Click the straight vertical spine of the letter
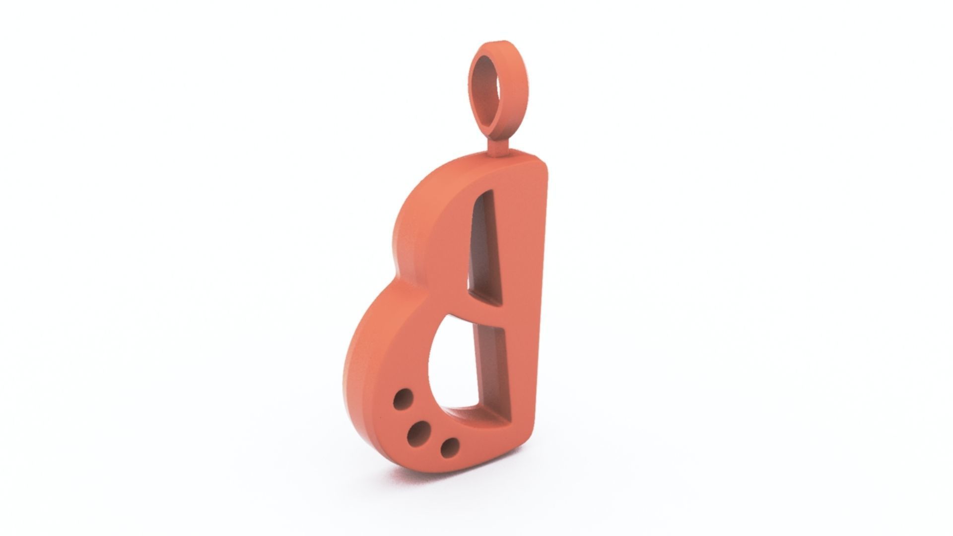coord(526,298)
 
